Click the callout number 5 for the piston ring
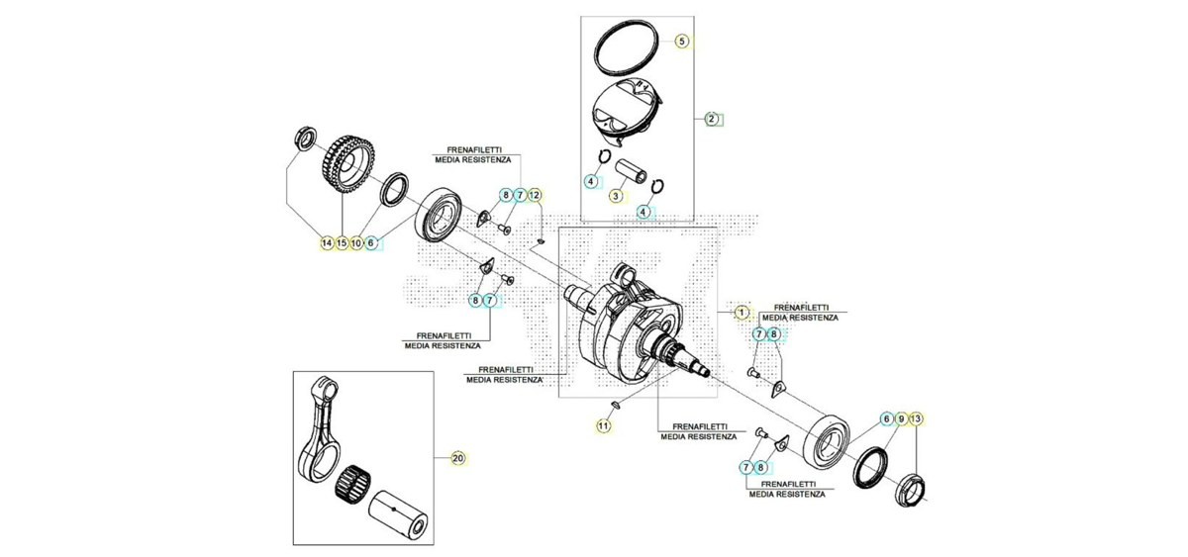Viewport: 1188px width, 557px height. pos(682,41)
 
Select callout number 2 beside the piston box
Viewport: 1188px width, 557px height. pos(712,119)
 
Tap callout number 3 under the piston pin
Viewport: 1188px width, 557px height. pos(616,196)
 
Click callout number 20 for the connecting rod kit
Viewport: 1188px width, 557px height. pos(457,458)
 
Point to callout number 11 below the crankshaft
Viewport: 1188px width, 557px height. pos(603,425)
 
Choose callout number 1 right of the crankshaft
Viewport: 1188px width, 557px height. pos(742,313)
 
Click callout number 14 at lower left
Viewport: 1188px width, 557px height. pos(327,243)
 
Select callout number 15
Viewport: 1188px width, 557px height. pos(342,243)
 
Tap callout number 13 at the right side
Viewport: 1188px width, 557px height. pos(916,419)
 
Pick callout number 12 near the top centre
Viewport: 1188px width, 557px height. pos(535,195)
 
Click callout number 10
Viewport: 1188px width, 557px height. pos(356,243)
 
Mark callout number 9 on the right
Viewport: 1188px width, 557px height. pos(901,419)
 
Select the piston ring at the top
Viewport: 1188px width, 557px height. pos(627,48)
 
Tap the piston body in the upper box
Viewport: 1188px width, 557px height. pos(627,114)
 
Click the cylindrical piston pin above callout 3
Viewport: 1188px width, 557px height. pos(631,172)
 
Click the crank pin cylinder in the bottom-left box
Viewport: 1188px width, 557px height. pos(398,515)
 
